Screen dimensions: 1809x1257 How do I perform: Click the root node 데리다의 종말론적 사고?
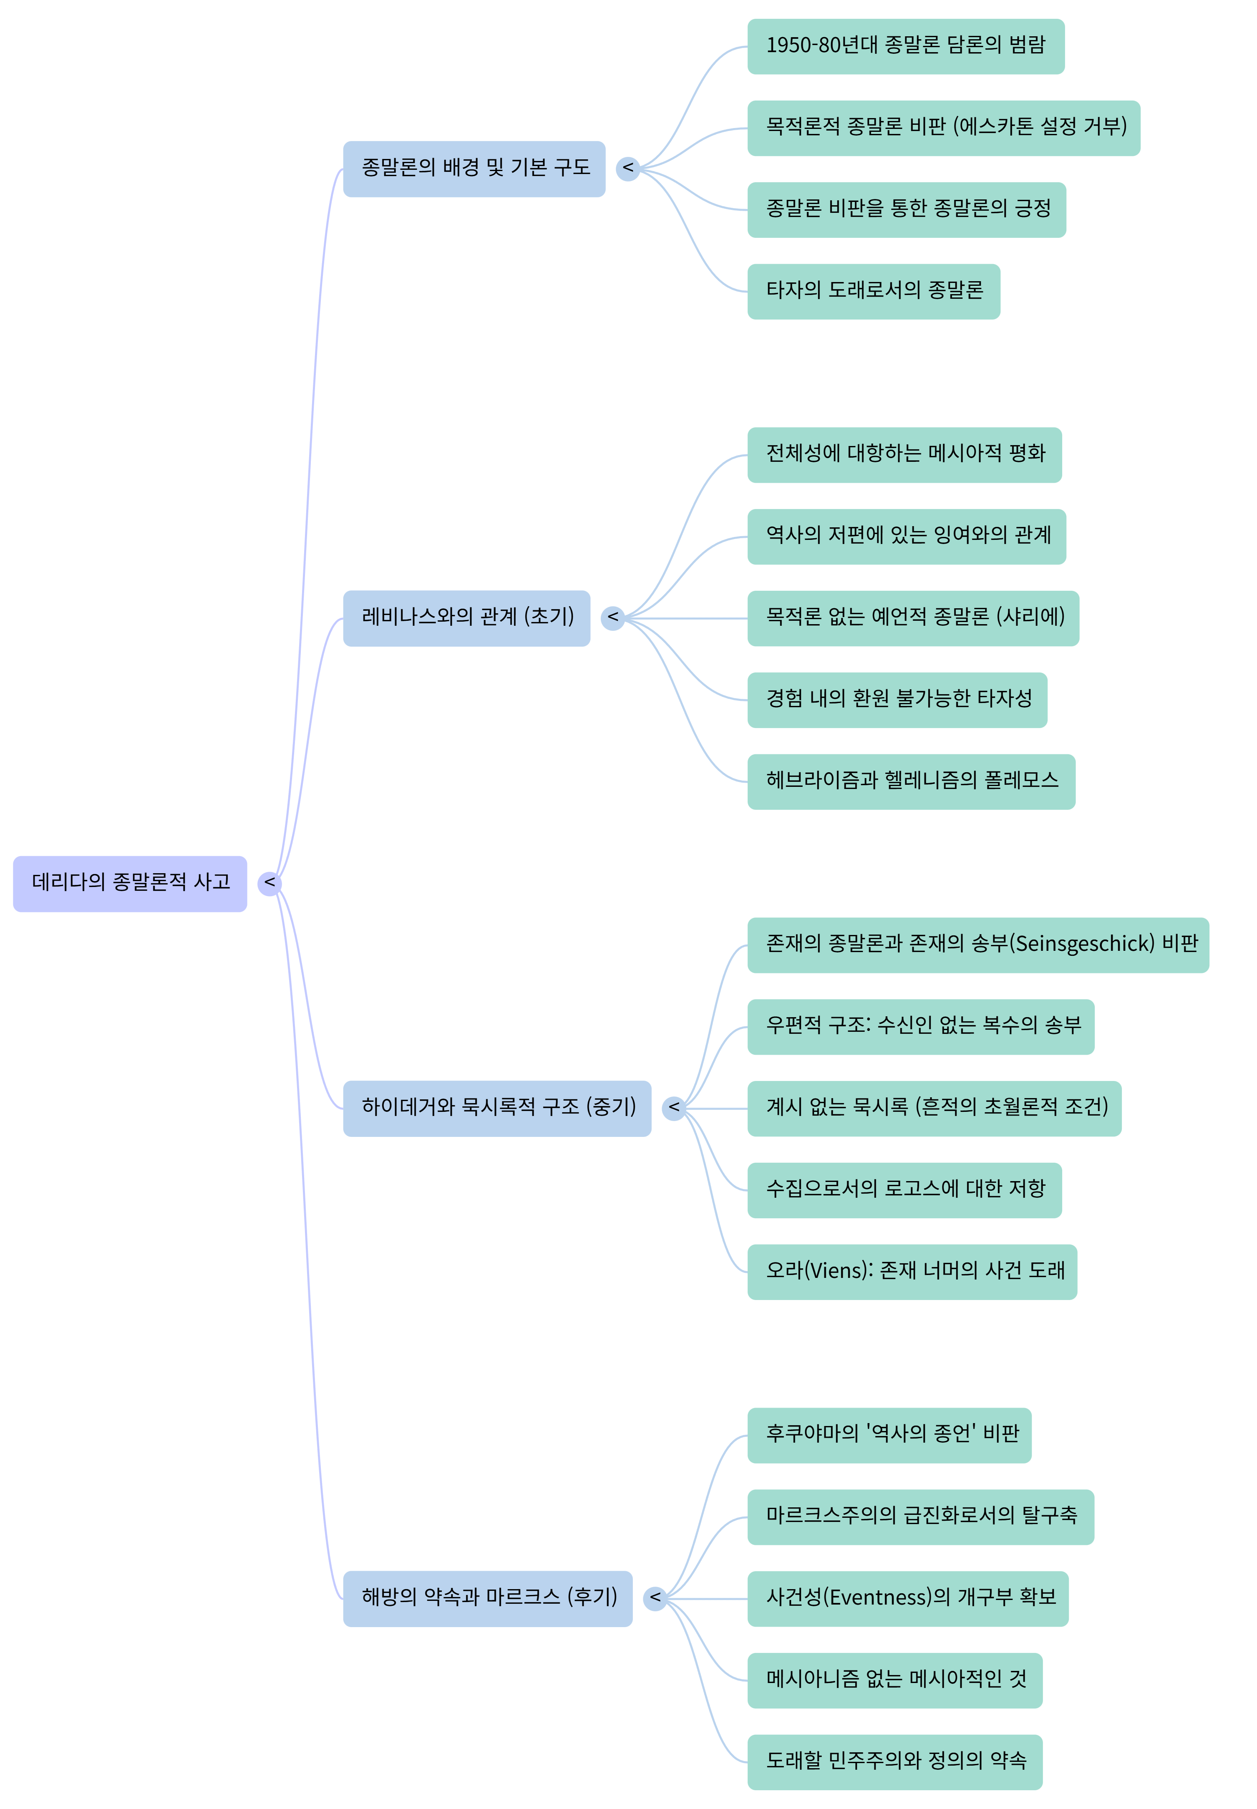(x=130, y=883)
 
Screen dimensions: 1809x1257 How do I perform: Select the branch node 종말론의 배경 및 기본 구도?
(x=474, y=169)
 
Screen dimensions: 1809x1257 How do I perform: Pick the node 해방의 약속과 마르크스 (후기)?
(x=488, y=1598)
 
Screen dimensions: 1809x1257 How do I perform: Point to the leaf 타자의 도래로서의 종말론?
(x=874, y=291)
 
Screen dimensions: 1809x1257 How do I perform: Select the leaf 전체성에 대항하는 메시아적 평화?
(x=904, y=454)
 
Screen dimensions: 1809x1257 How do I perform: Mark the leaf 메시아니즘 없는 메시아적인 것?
(x=895, y=1680)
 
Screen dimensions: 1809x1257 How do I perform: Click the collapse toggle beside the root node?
(x=270, y=883)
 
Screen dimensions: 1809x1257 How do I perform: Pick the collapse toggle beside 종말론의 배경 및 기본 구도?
(x=628, y=169)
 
